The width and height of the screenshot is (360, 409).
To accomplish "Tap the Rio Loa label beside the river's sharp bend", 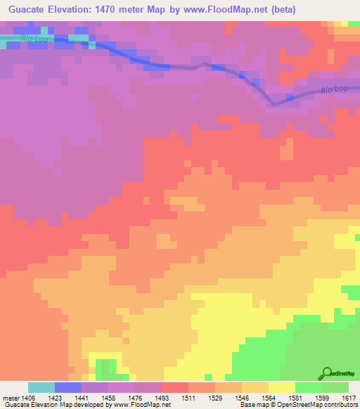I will coord(335,90).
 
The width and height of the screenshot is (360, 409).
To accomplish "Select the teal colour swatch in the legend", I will coord(41,387).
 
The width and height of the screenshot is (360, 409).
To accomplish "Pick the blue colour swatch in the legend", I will coord(67,387).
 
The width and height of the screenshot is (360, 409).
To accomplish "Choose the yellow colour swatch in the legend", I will coord(281,387).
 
